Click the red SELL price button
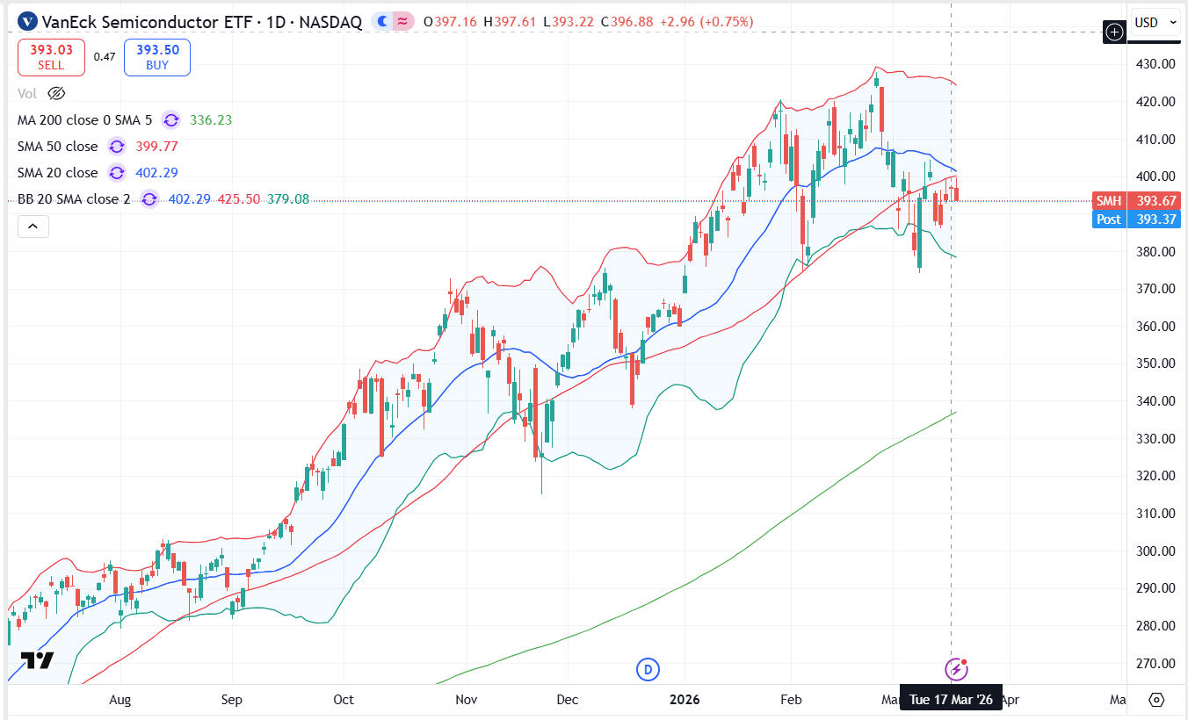point(51,57)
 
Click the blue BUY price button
point(157,57)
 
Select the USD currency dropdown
point(1155,23)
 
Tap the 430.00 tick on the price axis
point(1155,64)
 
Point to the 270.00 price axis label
point(1155,664)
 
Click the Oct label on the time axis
point(344,700)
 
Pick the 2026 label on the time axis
point(685,700)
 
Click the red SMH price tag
point(1134,200)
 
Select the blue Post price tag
point(1134,220)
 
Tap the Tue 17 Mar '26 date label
point(951,700)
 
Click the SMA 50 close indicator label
point(58,147)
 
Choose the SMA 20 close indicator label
point(58,173)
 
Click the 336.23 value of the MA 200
point(211,120)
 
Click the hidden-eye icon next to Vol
point(56,93)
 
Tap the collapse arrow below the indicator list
point(33,227)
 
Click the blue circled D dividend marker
point(648,670)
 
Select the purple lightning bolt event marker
point(955,670)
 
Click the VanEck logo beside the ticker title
point(27,22)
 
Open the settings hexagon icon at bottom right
point(1156,700)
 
